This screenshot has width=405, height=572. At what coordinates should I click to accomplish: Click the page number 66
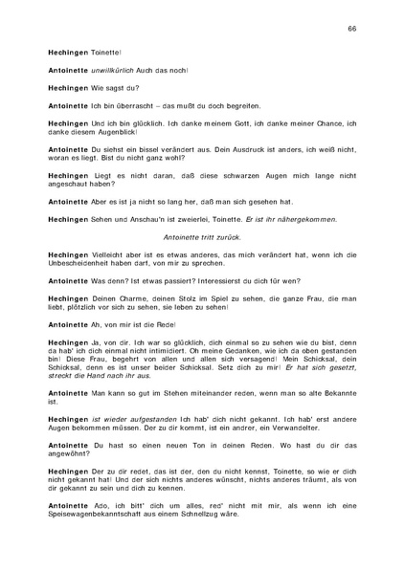352,30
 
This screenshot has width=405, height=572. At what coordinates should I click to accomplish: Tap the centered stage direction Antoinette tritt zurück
202,236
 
